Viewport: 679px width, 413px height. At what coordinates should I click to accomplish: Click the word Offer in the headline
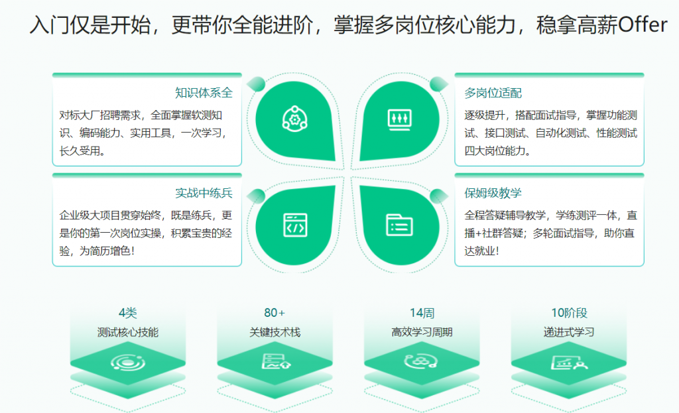[x=643, y=25]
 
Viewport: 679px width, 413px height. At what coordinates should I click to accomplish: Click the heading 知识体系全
[x=204, y=93]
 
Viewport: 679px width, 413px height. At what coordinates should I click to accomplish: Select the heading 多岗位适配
[x=493, y=93]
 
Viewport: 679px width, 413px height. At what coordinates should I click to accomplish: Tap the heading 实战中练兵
[x=204, y=193]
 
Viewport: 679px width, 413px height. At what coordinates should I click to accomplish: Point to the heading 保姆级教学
[x=493, y=193]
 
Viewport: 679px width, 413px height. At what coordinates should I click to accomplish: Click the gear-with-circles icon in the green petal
[x=295, y=119]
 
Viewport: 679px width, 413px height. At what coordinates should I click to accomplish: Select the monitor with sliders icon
[x=399, y=119]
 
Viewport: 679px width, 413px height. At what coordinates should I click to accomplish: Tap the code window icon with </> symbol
[x=295, y=225]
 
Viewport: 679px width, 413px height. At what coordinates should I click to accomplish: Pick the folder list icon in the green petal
[x=399, y=225]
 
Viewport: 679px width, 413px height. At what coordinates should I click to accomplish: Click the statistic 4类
[x=128, y=312]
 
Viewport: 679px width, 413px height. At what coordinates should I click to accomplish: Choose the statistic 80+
[x=275, y=312]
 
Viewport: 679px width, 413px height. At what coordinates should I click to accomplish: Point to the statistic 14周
[x=422, y=312]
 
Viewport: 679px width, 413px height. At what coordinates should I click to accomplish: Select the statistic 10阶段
[x=569, y=312]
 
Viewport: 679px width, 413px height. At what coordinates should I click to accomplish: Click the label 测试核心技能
[x=128, y=332]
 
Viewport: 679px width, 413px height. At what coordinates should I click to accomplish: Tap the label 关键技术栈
[x=275, y=332]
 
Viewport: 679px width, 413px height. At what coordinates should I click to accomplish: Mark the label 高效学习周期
[x=422, y=332]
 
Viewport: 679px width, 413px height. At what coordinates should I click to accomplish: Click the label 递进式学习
[x=569, y=332]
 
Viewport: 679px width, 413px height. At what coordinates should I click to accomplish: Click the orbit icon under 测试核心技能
[x=128, y=363]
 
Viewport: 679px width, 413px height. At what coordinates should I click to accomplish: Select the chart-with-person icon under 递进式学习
[x=569, y=363]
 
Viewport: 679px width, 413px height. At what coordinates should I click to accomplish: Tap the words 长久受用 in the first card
[x=80, y=150]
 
